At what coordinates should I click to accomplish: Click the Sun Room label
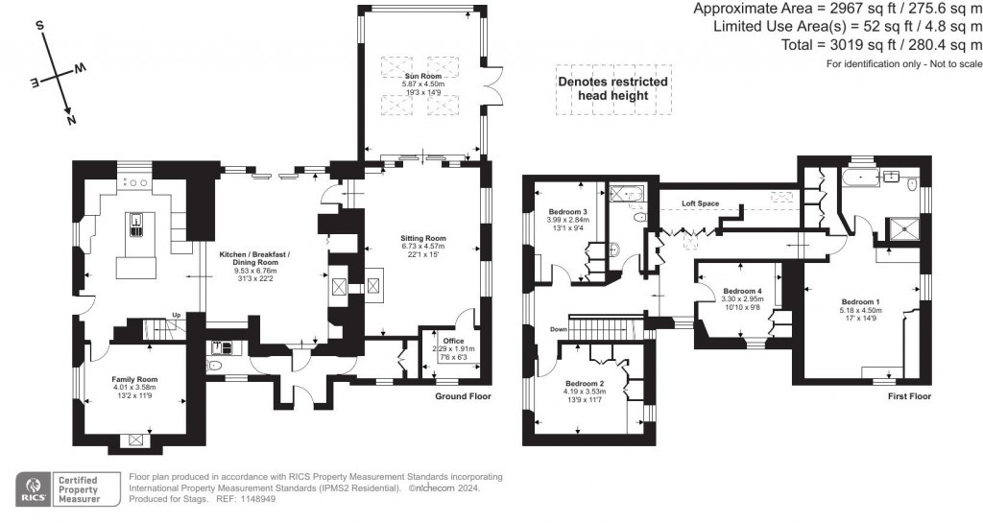(x=422, y=75)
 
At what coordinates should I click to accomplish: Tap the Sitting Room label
(x=423, y=238)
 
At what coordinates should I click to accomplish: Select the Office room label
(x=453, y=341)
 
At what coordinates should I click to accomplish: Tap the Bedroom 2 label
(x=584, y=382)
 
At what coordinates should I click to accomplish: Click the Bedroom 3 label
(x=567, y=211)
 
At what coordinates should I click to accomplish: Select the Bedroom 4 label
(x=742, y=291)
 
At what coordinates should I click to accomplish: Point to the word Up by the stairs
(x=176, y=316)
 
